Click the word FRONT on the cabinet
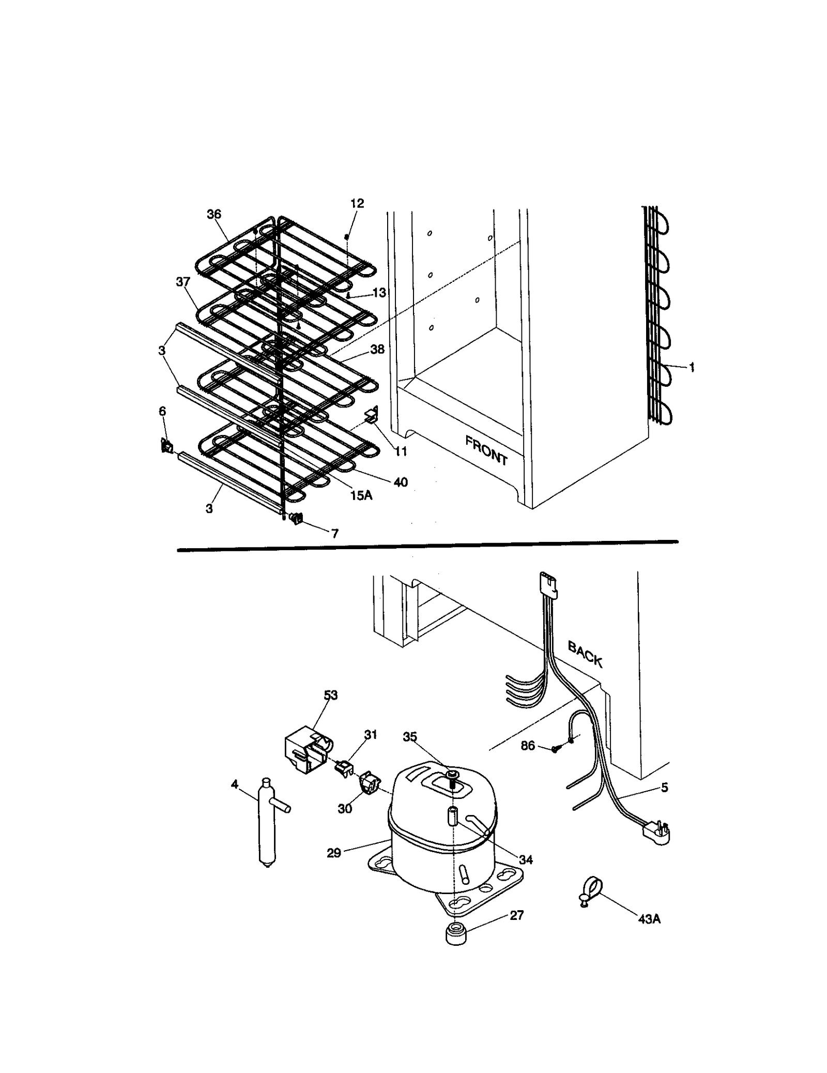[485, 450]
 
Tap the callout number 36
[213, 214]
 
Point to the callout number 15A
[361, 495]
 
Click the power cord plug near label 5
[656, 833]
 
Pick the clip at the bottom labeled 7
[297, 518]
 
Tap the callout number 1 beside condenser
[692, 368]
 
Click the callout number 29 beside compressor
[334, 853]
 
